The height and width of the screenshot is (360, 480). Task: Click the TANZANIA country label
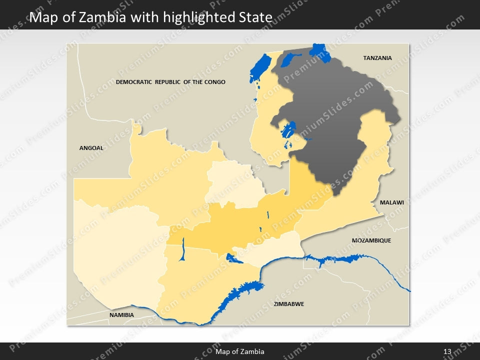377,58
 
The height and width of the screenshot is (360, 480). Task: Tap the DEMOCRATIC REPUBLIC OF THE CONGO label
170,82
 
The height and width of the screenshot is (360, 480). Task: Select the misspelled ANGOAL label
91,148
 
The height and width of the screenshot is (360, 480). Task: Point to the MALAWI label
391,203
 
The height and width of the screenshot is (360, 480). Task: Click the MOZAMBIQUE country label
371,240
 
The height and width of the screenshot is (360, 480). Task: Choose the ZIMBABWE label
288,304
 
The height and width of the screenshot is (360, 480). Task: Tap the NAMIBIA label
121,315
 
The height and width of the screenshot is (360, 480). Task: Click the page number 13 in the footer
447,352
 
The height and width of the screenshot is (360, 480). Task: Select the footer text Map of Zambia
239,352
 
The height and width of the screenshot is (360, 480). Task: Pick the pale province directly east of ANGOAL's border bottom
115,250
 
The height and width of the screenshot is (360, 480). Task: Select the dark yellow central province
240,225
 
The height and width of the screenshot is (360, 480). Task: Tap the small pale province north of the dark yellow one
232,182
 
